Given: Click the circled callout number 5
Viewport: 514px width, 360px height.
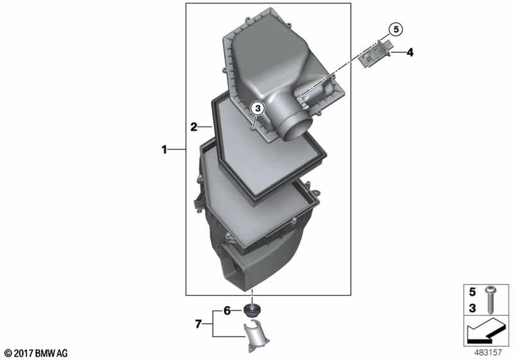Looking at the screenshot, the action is [x=396, y=29].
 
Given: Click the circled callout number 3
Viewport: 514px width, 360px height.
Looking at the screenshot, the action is [x=258, y=108].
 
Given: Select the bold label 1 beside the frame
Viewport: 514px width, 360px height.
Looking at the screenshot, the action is [x=164, y=150].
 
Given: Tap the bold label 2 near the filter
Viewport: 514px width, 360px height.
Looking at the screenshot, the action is [x=194, y=127].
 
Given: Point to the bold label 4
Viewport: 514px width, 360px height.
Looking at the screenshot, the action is [x=410, y=52].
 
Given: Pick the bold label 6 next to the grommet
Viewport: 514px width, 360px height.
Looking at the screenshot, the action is [x=227, y=311].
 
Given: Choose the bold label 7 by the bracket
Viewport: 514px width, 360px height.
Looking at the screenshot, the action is [x=198, y=325].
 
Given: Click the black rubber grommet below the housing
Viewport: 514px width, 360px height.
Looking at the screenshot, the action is [x=252, y=310].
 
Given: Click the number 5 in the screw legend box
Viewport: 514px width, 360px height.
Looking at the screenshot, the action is [x=472, y=292].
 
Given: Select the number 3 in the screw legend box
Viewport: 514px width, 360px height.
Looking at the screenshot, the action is [x=472, y=308].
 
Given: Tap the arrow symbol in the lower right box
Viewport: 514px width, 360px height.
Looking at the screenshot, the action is [x=486, y=332].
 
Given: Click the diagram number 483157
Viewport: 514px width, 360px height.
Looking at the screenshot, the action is [x=488, y=352].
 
